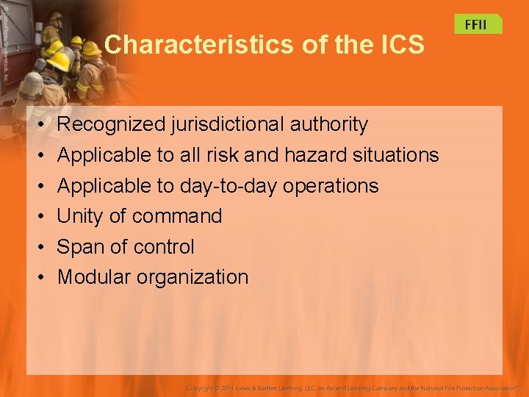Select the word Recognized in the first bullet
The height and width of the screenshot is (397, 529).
pyautogui.click(x=111, y=125)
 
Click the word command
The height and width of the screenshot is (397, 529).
pyautogui.click(x=177, y=216)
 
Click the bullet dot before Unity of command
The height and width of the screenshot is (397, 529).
pyautogui.click(x=42, y=217)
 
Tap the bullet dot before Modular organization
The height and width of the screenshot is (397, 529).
pyautogui.click(x=42, y=278)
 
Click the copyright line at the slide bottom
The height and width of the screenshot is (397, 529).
pyautogui.click(x=352, y=387)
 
